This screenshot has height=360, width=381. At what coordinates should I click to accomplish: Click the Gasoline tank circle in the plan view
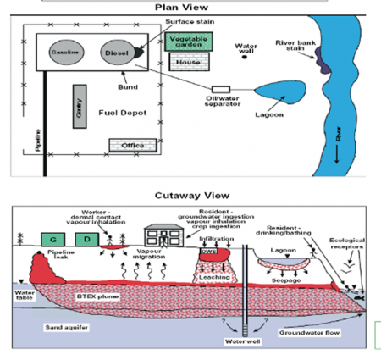[x=66, y=52]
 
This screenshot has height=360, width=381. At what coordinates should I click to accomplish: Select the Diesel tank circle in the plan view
[x=116, y=52]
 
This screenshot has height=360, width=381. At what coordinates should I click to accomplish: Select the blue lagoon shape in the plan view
[x=272, y=87]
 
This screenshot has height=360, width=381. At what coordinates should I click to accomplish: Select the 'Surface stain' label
[x=162, y=22]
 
